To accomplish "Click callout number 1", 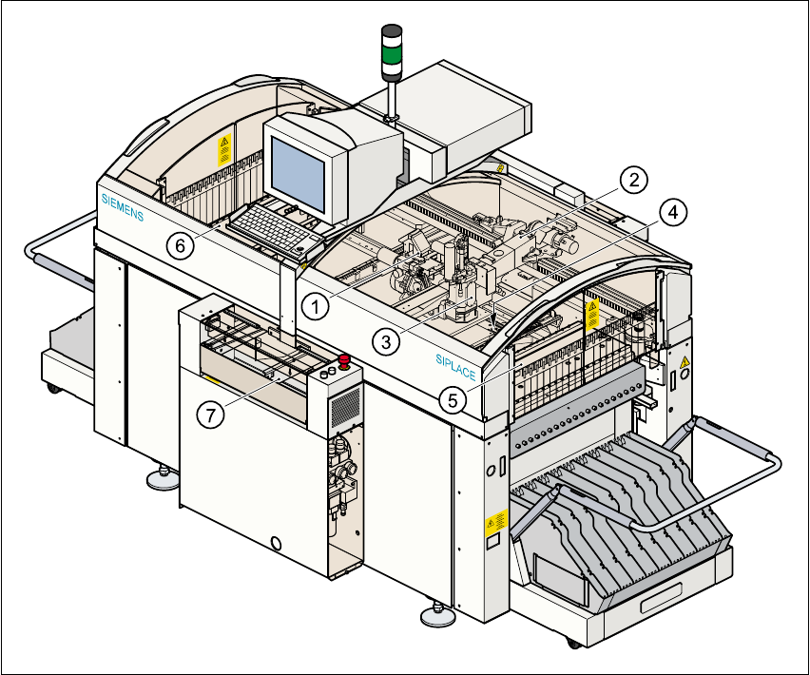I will pos(316,305).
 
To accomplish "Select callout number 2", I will pos(634,178).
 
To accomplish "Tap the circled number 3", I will pos(385,342).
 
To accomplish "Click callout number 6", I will pos(180,244).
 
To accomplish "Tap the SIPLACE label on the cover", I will pos(455,366).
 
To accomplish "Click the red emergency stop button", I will pos(343,360).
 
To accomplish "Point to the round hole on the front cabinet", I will pos(277,543).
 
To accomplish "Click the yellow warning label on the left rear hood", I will pos(224,150).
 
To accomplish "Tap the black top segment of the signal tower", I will pos(391,32).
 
